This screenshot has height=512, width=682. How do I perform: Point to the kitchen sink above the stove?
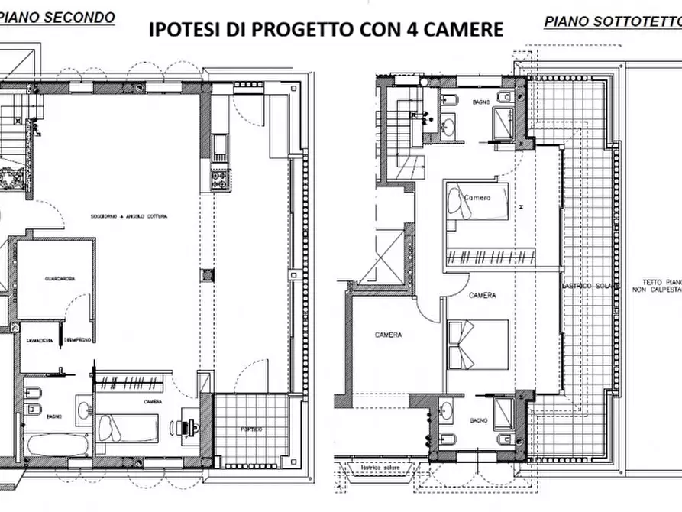coord(220,144)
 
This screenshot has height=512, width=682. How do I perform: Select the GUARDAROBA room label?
coord(60,279)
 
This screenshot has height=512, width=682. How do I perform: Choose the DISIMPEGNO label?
coord(79,339)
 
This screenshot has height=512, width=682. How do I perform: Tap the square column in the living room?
coord(206,275)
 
